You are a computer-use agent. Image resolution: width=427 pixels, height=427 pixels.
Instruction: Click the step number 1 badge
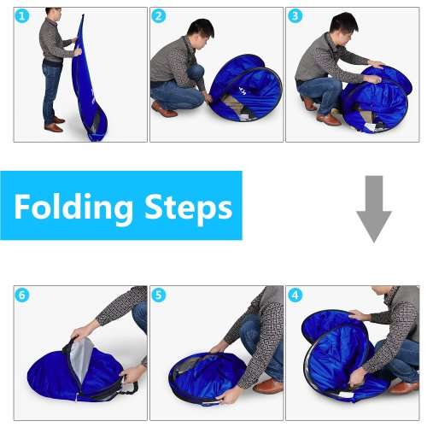23,16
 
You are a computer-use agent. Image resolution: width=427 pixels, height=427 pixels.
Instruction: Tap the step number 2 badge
159,16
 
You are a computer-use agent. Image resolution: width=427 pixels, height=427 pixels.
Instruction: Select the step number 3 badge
295,16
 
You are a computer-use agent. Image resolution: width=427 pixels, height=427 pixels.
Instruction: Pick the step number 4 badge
295,295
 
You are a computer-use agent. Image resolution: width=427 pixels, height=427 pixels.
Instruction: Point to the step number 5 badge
159,295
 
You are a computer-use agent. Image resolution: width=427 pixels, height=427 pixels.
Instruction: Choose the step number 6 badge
23,295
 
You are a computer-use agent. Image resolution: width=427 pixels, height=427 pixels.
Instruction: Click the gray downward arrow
373,208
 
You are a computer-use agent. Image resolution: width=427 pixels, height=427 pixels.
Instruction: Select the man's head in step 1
53,14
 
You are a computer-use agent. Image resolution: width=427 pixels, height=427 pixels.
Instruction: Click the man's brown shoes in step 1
56,125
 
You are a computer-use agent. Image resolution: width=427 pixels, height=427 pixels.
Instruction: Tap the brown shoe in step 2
163,109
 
